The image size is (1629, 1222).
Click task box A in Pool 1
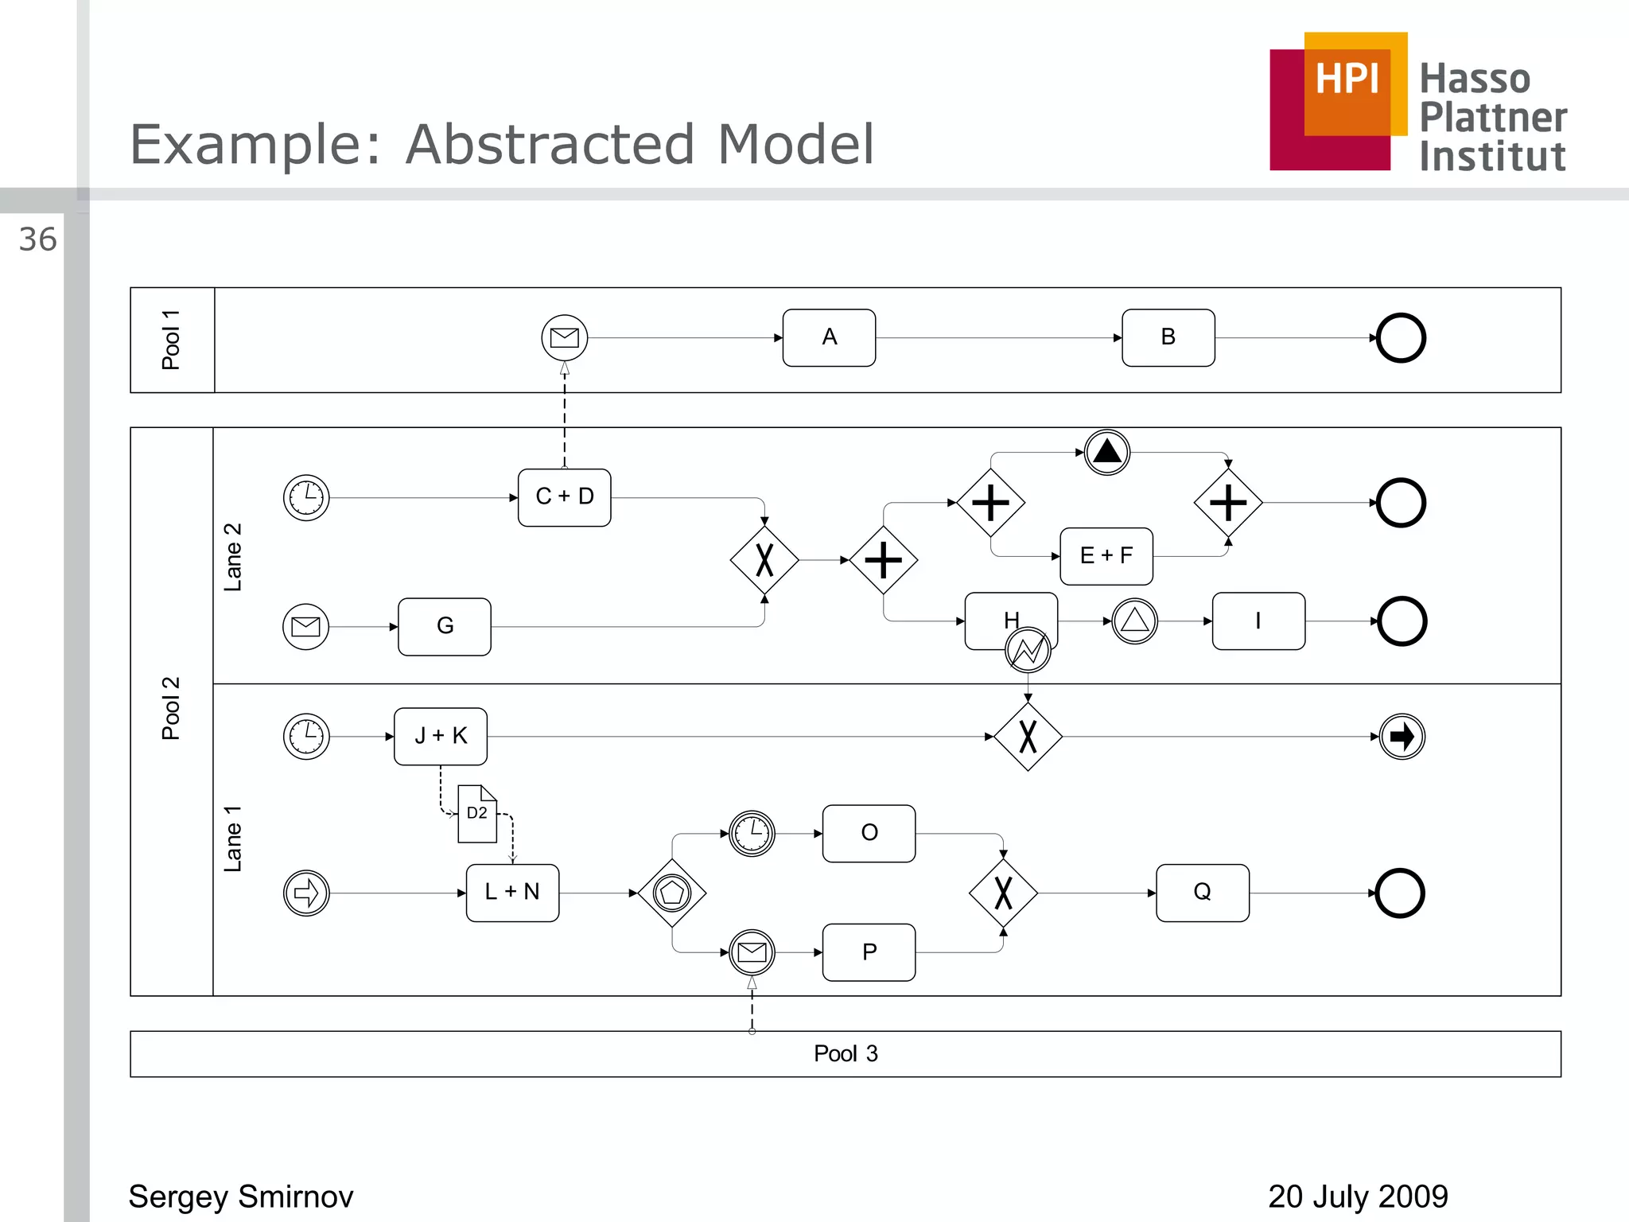[829, 338]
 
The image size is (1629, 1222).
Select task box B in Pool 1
[1168, 338]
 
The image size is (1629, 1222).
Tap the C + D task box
[564, 497]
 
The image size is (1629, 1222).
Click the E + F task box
[1106, 556]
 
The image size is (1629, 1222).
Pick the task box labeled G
[444, 627]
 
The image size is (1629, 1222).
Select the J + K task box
[440, 737]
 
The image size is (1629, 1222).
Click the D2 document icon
[477, 814]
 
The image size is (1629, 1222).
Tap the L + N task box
[512, 893]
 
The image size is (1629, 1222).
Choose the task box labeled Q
[1202, 893]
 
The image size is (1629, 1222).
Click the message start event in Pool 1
[565, 338]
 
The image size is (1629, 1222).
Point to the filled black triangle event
[1107, 452]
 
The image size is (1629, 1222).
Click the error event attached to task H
[1028, 650]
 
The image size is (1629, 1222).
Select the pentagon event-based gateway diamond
[672, 893]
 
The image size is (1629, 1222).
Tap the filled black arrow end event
[1402, 737]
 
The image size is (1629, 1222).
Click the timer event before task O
[752, 834]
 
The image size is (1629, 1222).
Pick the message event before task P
[752, 952]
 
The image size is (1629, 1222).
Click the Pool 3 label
[845, 1054]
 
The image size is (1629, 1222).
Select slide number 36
[37, 240]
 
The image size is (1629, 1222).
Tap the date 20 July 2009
[1357, 1197]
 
